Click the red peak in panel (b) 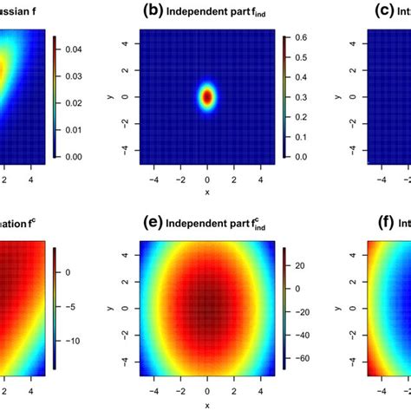point(207,96)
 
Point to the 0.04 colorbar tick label point(75,52)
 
